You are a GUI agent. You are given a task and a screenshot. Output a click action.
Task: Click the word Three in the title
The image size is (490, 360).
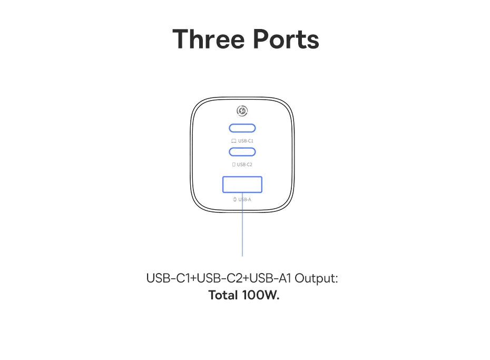[209, 39]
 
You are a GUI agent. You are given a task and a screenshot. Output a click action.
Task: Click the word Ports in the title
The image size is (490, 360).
[286, 39]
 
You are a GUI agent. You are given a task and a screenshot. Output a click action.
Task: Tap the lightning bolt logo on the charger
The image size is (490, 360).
[242, 111]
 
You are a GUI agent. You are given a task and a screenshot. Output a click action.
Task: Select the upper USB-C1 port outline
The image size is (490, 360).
[242, 124]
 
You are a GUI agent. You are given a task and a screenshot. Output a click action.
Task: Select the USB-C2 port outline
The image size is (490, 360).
[242, 148]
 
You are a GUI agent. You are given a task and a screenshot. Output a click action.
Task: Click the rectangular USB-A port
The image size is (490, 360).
[242, 177]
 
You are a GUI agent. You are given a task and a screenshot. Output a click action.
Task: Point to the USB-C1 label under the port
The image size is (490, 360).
[246, 141]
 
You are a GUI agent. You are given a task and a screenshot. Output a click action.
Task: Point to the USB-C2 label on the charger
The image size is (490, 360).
[244, 164]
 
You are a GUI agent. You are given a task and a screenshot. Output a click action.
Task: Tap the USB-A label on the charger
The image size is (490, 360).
[244, 199]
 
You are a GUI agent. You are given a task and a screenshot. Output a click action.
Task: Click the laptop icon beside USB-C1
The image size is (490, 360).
[234, 141]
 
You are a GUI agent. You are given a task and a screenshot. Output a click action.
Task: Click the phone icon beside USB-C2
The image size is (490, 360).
[234, 164]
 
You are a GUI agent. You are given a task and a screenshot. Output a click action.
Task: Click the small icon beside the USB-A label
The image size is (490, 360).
[234, 199]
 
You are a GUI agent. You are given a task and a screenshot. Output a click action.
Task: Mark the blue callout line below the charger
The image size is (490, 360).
[242, 225]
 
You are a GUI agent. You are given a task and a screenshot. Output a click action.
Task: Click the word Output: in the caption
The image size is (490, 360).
[316, 278]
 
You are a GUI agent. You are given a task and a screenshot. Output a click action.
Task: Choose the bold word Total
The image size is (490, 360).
[223, 295]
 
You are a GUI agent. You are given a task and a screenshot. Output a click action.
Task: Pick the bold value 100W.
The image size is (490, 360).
[261, 295]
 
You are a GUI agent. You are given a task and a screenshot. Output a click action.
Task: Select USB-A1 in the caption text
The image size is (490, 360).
[270, 278]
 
